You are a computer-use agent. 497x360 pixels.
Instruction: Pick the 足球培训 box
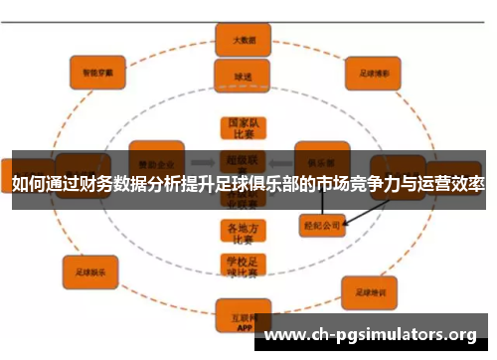(x=370, y=291)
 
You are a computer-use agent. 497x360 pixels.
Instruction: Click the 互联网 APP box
(x=236, y=319)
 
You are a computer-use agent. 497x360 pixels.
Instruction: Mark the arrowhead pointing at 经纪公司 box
(x=344, y=222)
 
